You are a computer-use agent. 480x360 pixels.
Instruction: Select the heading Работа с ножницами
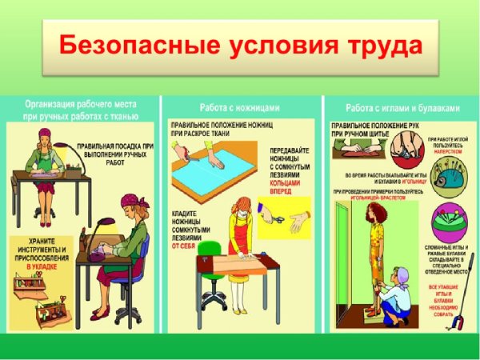click(x=241, y=107)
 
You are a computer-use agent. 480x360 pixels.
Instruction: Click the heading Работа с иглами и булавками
click(x=402, y=107)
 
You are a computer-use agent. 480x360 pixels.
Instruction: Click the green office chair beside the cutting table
click(x=209, y=272)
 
